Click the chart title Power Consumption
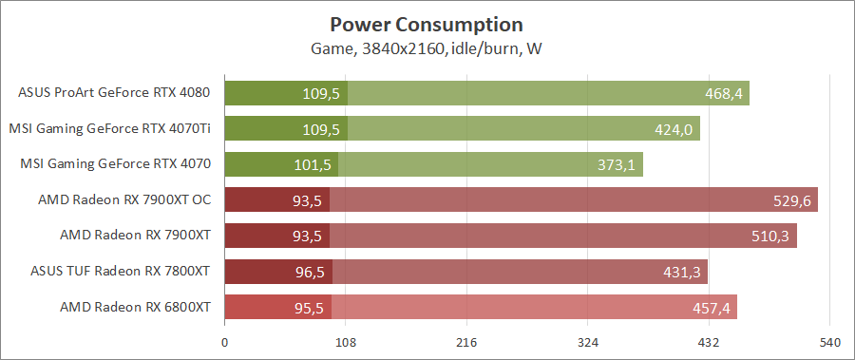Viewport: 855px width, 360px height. point(427,24)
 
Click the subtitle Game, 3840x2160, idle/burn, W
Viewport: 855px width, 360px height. point(427,48)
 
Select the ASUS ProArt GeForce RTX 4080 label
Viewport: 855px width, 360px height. point(114,93)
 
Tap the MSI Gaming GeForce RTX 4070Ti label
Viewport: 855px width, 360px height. point(109,128)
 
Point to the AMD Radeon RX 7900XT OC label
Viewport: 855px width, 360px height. point(123,199)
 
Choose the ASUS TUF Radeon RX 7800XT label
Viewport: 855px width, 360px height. point(120,271)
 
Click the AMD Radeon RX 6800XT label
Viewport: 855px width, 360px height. point(135,307)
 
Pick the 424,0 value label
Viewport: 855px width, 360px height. point(674,129)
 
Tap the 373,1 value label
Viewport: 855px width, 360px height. point(617,164)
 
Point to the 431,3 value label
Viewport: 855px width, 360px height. point(681,272)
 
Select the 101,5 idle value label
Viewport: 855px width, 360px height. point(313,164)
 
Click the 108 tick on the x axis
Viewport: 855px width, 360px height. point(346,342)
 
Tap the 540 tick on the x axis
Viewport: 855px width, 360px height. point(830,342)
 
